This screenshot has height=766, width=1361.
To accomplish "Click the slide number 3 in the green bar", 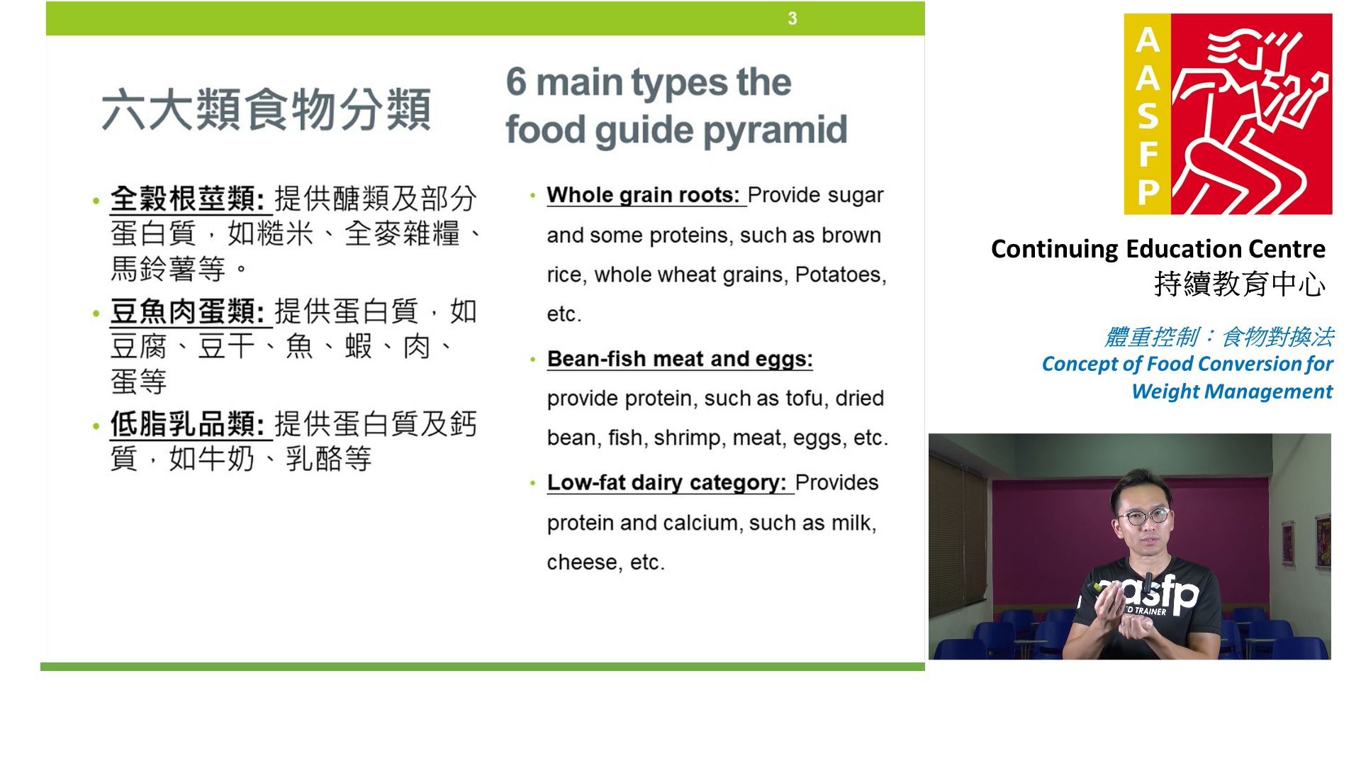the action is (x=792, y=18).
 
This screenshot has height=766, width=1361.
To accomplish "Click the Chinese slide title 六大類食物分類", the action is (x=266, y=110).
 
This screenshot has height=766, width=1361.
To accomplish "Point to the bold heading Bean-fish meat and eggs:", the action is (x=680, y=359).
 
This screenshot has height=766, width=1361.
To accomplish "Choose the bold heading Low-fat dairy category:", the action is (x=667, y=482).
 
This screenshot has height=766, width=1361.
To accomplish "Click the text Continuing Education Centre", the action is (x=1158, y=249).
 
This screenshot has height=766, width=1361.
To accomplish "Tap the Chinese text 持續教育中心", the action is (x=1240, y=284).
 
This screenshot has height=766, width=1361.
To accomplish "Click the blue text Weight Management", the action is (x=1232, y=392).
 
